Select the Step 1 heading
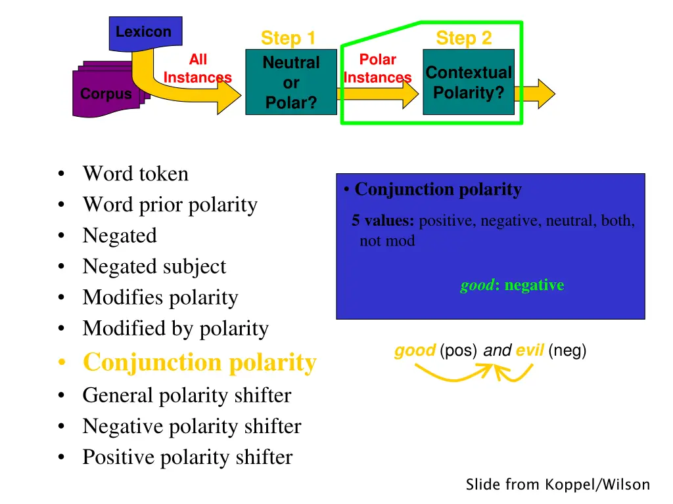pos(288,38)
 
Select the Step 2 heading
pos(463,38)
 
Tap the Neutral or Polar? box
pos(291,83)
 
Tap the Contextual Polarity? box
pos(468,83)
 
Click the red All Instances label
pos(197,69)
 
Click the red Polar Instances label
pos(377,69)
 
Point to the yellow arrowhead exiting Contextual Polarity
pos(543,93)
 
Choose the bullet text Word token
pos(135,174)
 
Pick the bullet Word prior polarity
pos(170,205)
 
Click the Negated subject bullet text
pos(154,266)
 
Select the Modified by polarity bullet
pos(175,328)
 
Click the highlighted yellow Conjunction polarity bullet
pos(200,362)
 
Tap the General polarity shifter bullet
pos(187,395)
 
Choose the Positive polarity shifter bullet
pos(187,457)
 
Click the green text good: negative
pos(512,285)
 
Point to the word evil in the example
pos(529,351)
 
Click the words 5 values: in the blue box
pos(383,221)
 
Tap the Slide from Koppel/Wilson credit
pos(557,485)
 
